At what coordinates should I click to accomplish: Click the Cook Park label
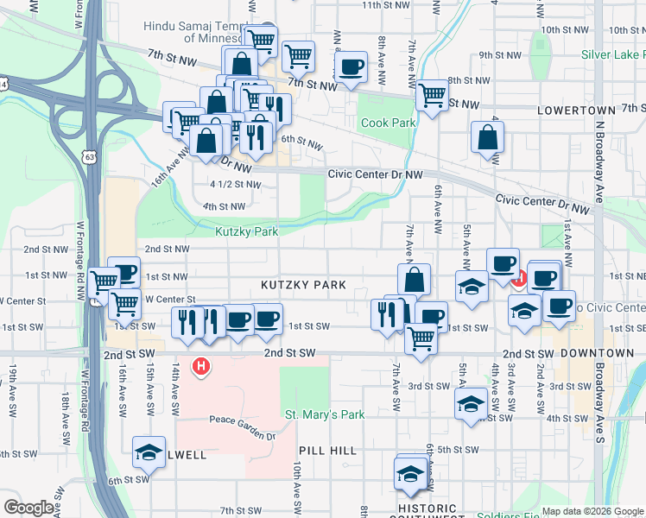click(x=388, y=123)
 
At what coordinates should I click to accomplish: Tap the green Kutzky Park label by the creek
click(x=246, y=231)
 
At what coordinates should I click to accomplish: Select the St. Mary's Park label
click(x=325, y=415)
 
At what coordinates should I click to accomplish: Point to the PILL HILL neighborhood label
click(x=327, y=452)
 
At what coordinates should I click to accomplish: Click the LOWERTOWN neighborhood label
click(x=575, y=111)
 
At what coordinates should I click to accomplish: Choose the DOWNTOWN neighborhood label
click(x=591, y=354)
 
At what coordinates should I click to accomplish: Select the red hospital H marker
click(x=201, y=367)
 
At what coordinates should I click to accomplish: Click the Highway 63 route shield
click(x=88, y=156)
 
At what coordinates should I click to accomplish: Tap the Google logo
click(x=29, y=508)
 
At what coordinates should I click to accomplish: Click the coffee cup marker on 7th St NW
click(x=350, y=68)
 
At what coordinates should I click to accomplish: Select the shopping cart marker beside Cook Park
click(x=431, y=95)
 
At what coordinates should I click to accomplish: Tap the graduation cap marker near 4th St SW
click(x=471, y=404)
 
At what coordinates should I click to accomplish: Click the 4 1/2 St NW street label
click(x=235, y=184)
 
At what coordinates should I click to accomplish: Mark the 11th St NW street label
click(x=384, y=5)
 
